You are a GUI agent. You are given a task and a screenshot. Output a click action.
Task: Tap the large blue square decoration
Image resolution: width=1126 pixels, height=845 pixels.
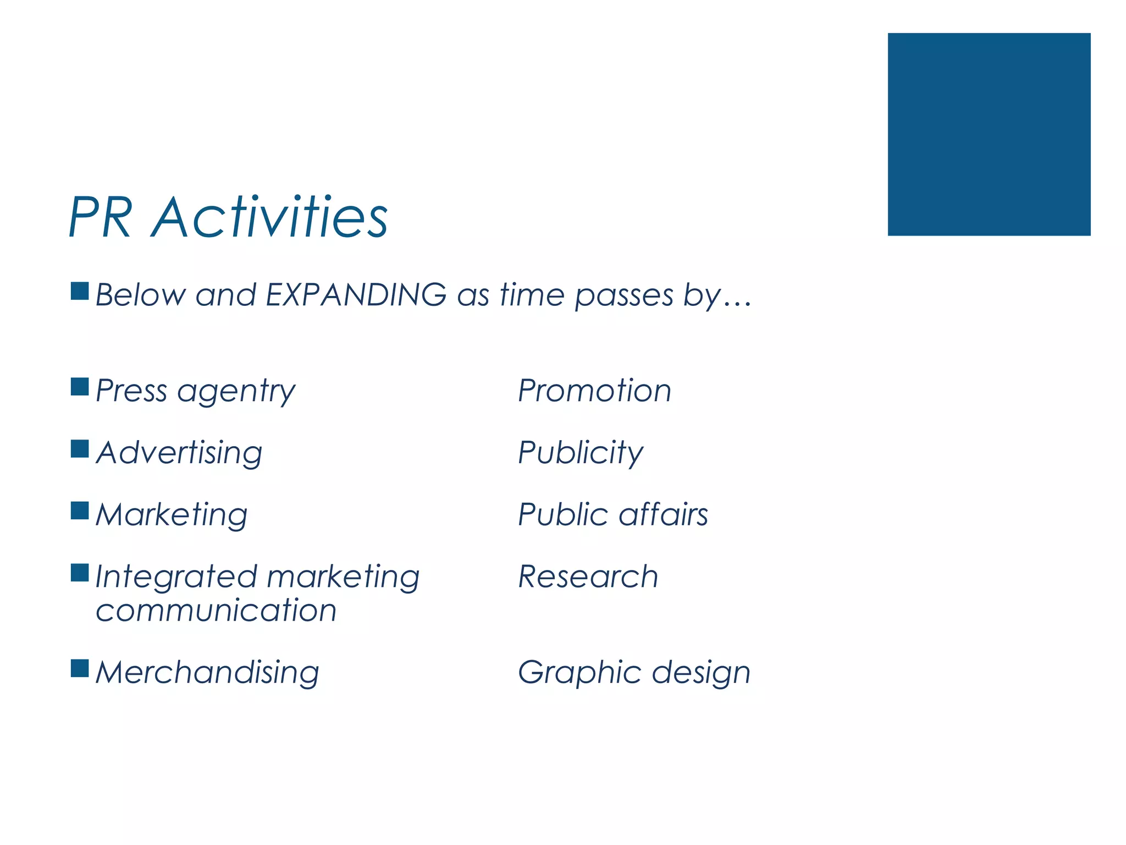[989, 134]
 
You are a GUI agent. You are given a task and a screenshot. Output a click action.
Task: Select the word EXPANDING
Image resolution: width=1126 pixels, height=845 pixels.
[356, 295]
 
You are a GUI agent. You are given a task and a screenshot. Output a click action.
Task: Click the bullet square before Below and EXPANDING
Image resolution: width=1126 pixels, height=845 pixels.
[80, 291]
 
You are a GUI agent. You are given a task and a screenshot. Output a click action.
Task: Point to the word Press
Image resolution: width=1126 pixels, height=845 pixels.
[131, 391]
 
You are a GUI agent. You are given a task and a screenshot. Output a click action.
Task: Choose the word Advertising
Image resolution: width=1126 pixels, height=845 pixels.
[179, 453]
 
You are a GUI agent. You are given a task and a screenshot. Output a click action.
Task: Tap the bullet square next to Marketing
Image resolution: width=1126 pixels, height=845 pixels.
[80, 511]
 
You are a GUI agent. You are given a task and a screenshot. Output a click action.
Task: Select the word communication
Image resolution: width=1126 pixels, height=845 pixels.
[216, 611]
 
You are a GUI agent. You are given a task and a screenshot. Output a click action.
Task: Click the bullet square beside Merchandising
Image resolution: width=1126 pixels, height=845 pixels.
[80, 668]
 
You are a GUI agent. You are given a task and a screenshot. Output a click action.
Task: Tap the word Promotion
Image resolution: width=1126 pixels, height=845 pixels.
[594, 391]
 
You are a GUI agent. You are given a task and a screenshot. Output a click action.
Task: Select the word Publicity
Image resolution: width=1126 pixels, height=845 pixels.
[580, 453]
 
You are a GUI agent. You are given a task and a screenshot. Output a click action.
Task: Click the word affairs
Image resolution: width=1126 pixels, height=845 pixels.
[663, 515]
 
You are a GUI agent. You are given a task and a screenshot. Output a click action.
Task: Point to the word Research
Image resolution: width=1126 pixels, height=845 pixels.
[588, 577]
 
